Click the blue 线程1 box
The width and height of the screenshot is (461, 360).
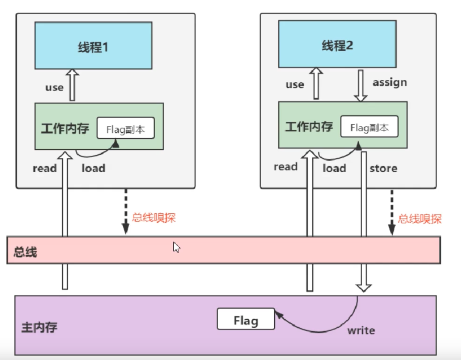click(94, 46)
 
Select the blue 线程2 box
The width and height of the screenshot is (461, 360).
click(337, 44)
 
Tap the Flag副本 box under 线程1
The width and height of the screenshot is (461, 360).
click(125, 128)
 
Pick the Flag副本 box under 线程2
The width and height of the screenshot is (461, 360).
click(369, 126)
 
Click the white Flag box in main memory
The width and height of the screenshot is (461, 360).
click(246, 319)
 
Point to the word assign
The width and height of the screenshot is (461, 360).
click(390, 83)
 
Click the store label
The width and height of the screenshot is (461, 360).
click(383, 168)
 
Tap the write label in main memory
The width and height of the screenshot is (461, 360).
click(361, 331)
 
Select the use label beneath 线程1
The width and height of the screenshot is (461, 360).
click(54, 88)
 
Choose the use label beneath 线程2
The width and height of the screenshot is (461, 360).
click(295, 85)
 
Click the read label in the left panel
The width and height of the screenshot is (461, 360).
click(44, 168)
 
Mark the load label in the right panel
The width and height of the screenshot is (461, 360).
click(334, 168)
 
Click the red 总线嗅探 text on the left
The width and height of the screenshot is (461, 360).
click(153, 218)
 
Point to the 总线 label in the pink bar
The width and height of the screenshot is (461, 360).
click(25, 252)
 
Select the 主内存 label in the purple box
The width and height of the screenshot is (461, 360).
click(39, 327)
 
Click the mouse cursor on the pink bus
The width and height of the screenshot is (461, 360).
click(176, 247)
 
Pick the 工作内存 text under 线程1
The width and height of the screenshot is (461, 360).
click(65, 128)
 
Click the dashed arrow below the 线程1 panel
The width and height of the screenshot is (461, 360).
click(126, 212)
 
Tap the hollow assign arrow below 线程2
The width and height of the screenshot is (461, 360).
click(361, 86)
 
